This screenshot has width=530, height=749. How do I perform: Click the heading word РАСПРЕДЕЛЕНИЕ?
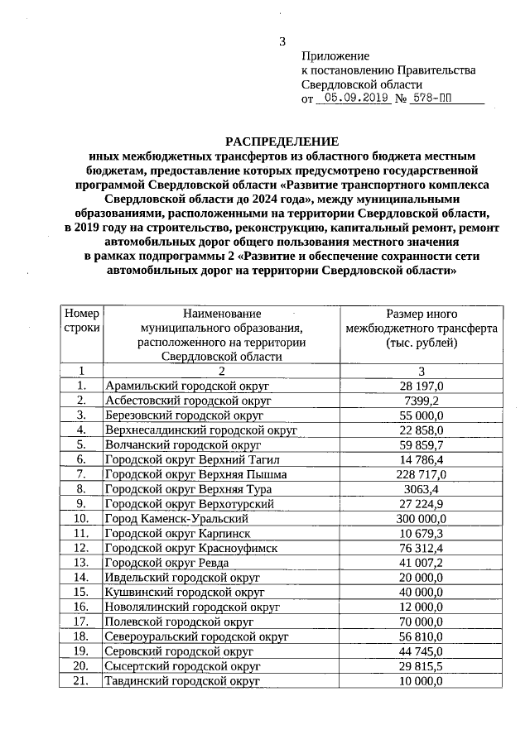pos(282,141)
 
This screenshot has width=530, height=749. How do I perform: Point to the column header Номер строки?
pos(81,321)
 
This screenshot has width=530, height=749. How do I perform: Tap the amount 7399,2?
pos(421,401)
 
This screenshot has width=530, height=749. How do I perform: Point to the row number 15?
pos(81,593)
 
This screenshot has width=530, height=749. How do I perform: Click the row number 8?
pos(81,489)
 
